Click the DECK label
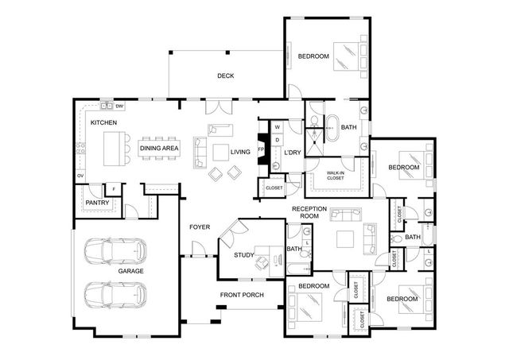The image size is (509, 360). pos(225,76)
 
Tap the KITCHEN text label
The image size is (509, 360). pos(103,122)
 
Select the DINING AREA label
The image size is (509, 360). pos(159,148)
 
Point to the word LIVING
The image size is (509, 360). pos(240,152)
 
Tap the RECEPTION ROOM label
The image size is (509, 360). pos(304,211)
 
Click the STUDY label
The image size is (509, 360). pos(243,255)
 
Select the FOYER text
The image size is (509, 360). pos(199,227)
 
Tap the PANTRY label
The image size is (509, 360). pos(97,203)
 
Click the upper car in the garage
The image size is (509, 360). pos(117,250)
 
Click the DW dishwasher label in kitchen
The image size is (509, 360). pos(119,106)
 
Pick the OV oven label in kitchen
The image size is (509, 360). pos(80,175)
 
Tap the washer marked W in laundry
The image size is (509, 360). pos(278,127)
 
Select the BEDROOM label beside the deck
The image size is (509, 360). pos(313,56)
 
